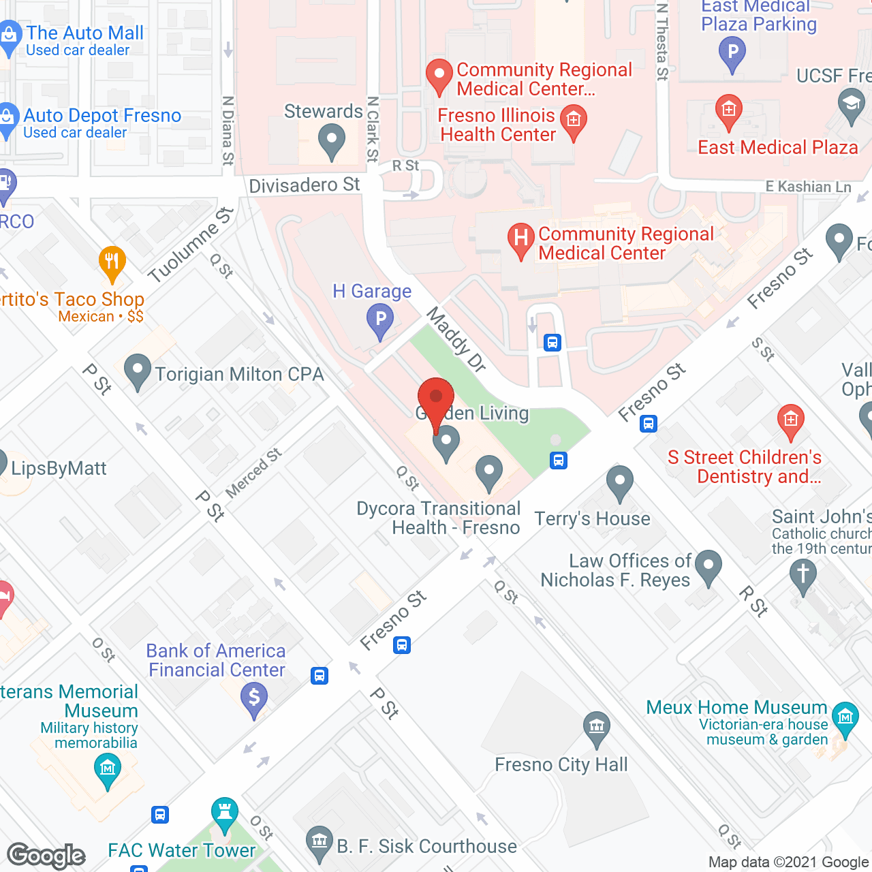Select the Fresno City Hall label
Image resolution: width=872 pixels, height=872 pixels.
coord(561,765)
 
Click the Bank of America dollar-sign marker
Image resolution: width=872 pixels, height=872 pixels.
coord(254,699)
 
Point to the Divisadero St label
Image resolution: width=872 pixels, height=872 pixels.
coord(304,185)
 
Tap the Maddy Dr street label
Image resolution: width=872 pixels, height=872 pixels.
coord(456,339)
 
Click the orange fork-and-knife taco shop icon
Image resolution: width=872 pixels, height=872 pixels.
coord(112,262)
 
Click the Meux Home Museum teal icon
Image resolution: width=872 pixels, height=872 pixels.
coord(845,718)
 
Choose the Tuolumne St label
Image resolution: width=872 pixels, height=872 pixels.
coord(191,245)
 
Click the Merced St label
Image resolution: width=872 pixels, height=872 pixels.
coord(253,473)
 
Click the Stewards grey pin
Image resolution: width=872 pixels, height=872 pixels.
coord(331,142)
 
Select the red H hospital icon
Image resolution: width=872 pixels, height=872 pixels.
coord(521,240)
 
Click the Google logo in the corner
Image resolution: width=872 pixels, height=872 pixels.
coord(46,856)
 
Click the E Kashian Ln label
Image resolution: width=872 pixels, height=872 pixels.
coord(808,187)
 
